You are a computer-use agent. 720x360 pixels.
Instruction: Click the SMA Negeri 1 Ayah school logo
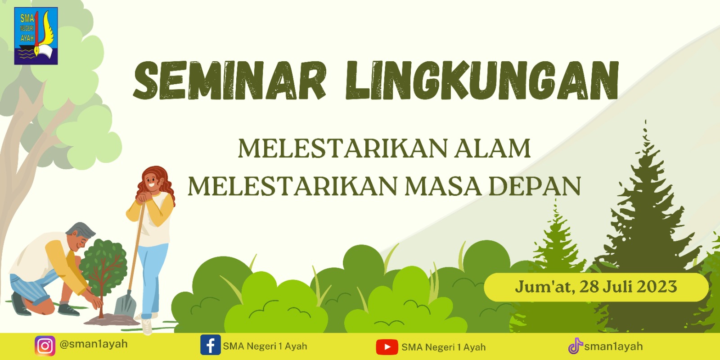click(x=36, y=36)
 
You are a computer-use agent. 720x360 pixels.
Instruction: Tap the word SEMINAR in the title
click(x=230, y=81)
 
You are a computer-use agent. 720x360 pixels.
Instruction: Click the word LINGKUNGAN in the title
click(x=482, y=81)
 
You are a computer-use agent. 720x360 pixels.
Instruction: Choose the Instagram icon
click(x=45, y=346)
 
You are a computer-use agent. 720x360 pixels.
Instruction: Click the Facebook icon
click(x=211, y=345)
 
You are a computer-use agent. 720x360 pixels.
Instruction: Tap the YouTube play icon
click(x=387, y=347)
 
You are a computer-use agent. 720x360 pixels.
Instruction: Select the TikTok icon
click(x=576, y=346)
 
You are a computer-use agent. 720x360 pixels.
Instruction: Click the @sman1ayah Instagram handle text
click(x=94, y=344)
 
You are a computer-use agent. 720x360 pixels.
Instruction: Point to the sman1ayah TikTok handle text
click(x=613, y=346)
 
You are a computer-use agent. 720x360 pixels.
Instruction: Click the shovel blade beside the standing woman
click(x=126, y=304)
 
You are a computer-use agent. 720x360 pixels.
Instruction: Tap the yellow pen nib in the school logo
click(x=37, y=50)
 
